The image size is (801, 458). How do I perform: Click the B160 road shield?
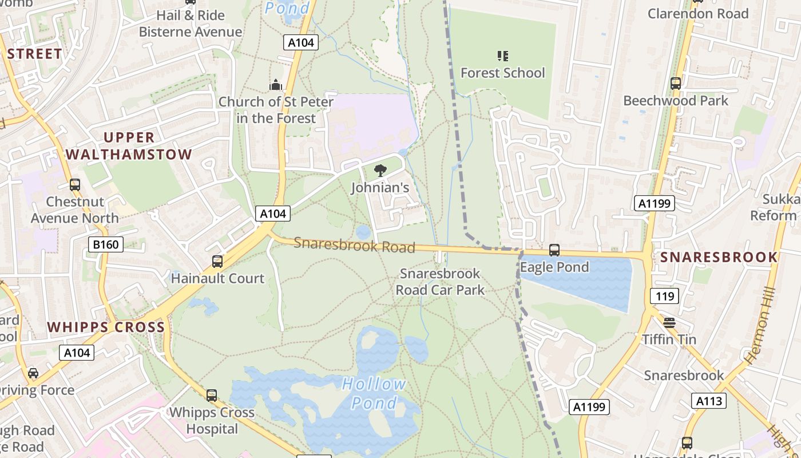[x=106, y=245]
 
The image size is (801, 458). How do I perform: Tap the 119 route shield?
[x=664, y=296]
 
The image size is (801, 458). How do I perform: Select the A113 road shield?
[x=709, y=401]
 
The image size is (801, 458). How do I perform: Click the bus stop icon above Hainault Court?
[x=217, y=262]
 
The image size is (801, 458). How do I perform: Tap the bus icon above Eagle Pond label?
[x=554, y=250]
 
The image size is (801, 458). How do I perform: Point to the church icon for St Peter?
[x=276, y=85]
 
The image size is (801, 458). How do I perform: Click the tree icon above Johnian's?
[x=379, y=171]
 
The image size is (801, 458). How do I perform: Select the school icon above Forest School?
[x=503, y=56]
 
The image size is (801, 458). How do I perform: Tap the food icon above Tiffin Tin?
[x=669, y=323]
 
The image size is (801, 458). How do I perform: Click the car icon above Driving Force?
[x=33, y=374]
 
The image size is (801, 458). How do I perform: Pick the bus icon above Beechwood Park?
[x=676, y=84]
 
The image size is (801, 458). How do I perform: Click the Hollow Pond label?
[x=374, y=393]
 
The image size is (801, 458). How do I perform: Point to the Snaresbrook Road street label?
[x=354, y=245]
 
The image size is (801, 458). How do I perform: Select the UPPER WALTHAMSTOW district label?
[x=129, y=146]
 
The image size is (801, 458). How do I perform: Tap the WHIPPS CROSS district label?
[x=106, y=327]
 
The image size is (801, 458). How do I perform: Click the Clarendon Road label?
[x=697, y=13]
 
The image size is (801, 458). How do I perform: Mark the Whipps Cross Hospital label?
[x=212, y=420]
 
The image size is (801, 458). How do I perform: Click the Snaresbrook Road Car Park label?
[x=440, y=282]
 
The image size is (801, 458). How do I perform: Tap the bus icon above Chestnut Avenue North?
[x=75, y=185]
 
